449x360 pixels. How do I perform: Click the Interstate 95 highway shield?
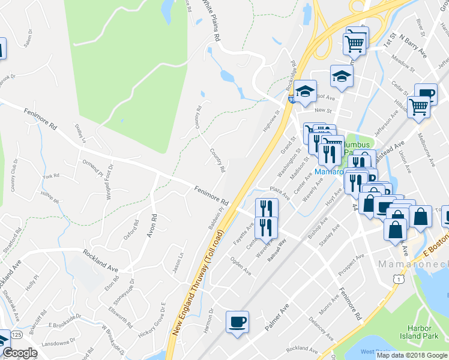pos(291,98)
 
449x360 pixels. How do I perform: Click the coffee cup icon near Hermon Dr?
pos(237,322)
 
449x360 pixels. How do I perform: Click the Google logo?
pos(20,353)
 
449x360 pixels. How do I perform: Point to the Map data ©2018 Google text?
pos(412,355)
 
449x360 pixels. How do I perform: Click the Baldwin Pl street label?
pos(215,217)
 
